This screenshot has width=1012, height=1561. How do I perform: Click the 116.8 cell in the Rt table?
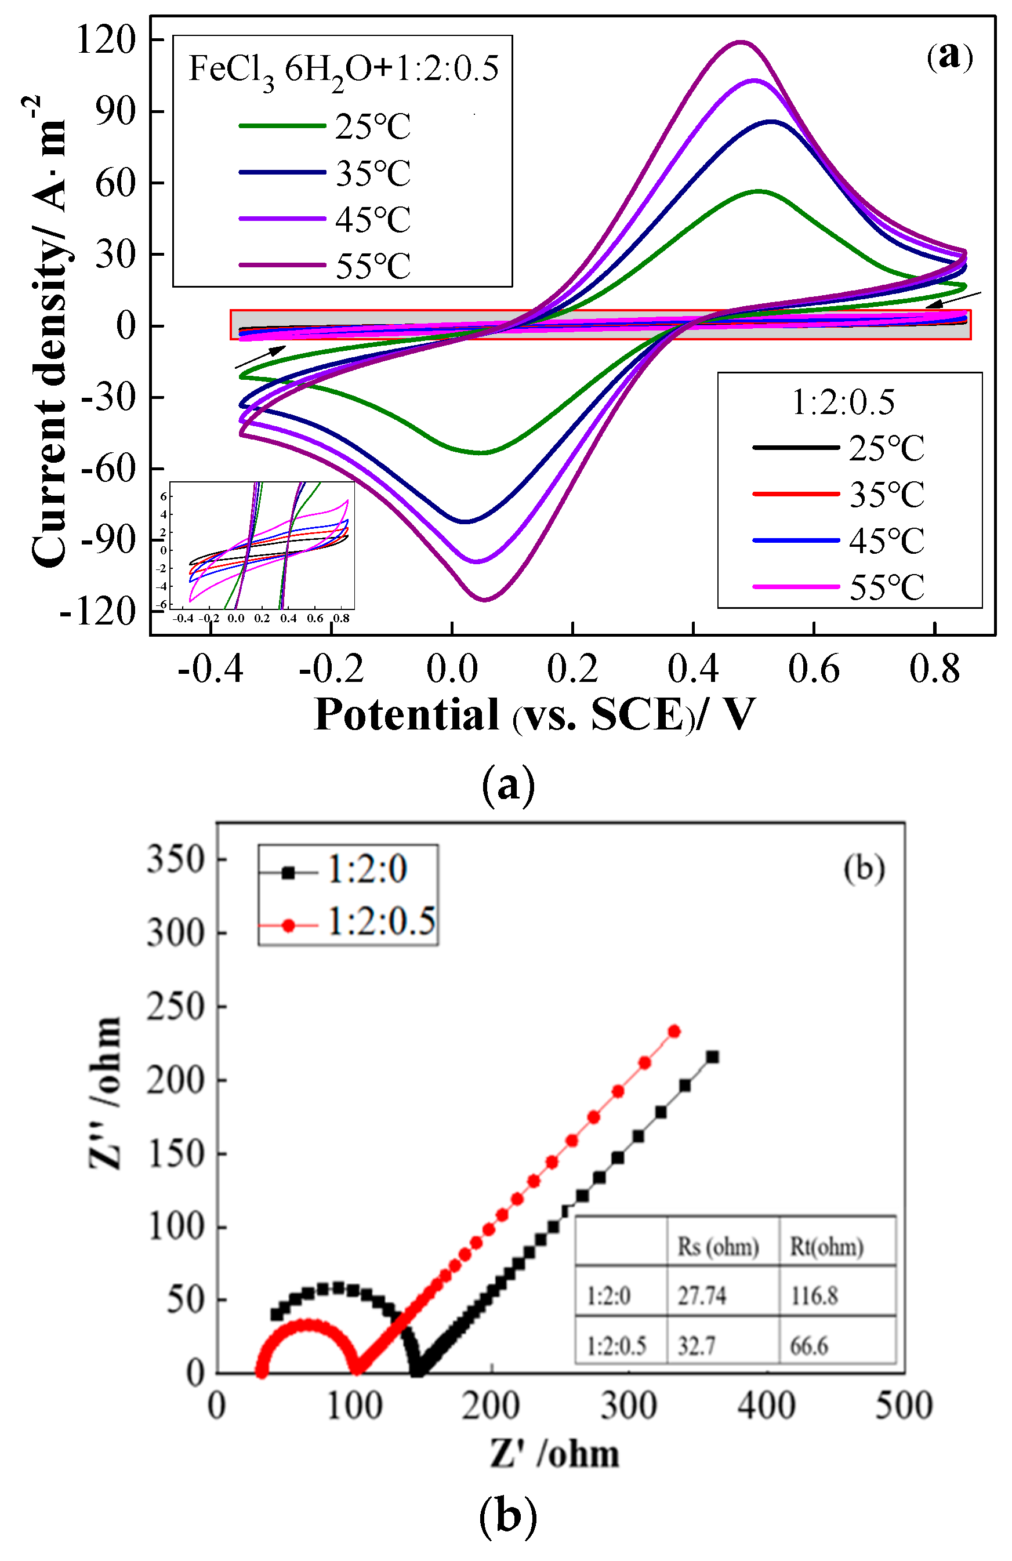click(x=813, y=1295)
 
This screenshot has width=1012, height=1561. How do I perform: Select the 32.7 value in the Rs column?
click(x=696, y=1346)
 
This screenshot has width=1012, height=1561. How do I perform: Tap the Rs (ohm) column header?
click(x=717, y=1246)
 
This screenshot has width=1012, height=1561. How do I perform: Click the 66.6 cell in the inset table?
click(x=808, y=1346)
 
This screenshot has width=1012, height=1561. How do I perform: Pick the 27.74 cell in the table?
click(x=701, y=1295)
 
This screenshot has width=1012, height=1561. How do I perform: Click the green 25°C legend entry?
click(x=325, y=126)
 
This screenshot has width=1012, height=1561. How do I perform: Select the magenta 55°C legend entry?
click(x=838, y=586)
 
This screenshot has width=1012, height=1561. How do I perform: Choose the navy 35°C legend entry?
click(x=325, y=172)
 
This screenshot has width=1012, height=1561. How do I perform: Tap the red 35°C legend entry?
click(x=838, y=494)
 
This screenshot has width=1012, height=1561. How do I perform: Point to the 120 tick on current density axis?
click(x=105, y=39)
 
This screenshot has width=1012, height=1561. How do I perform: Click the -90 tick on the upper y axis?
click(x=108, y=540)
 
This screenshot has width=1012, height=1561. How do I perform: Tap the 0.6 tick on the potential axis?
click(x=813, y=670)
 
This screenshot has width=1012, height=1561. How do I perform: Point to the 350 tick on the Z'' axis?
click(x=175, y=859)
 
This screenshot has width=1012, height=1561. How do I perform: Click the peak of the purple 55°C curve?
click(x=741, y=43)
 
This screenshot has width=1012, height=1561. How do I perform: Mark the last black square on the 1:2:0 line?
click(x=712, y=1057)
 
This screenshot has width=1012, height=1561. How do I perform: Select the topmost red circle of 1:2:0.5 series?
click(x=673, y=1031)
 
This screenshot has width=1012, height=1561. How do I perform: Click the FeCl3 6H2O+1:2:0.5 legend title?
click(x=343, y=69)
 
